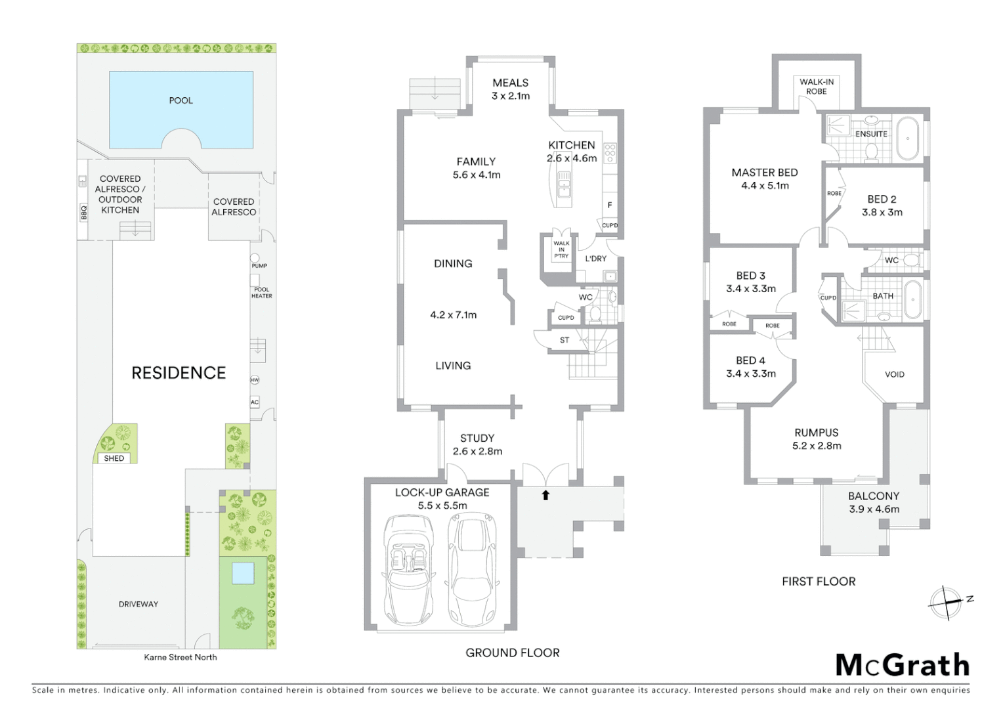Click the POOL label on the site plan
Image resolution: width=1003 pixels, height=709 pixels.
point(181,100)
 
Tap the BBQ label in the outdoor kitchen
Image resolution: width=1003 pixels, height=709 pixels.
point(83,212)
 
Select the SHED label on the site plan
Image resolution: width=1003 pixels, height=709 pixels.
point(114,458)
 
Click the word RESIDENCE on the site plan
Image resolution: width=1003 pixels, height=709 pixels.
point(179,373)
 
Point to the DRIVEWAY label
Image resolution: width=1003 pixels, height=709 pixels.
point(139,604)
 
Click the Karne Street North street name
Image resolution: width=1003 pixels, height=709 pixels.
point(181,657)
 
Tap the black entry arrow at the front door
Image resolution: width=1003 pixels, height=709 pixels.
point(545,495)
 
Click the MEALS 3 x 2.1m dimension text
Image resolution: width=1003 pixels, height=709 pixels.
point(511,96)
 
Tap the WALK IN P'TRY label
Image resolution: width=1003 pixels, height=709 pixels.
point(561,250)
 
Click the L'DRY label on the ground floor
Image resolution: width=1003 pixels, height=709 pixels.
point(596,259)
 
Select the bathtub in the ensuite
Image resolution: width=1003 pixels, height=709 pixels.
point(908,139)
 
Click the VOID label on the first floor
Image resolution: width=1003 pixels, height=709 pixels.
point(895,374)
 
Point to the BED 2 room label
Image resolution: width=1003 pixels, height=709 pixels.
point(882,199)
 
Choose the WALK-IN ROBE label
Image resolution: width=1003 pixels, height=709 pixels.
point(817,87)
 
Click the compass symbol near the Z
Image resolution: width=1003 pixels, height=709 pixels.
point(945,602)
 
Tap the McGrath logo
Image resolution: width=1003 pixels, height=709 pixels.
point(903,665)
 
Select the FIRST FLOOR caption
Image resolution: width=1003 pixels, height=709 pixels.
point(819,582)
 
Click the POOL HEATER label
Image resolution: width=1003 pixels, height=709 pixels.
point(261,293)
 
